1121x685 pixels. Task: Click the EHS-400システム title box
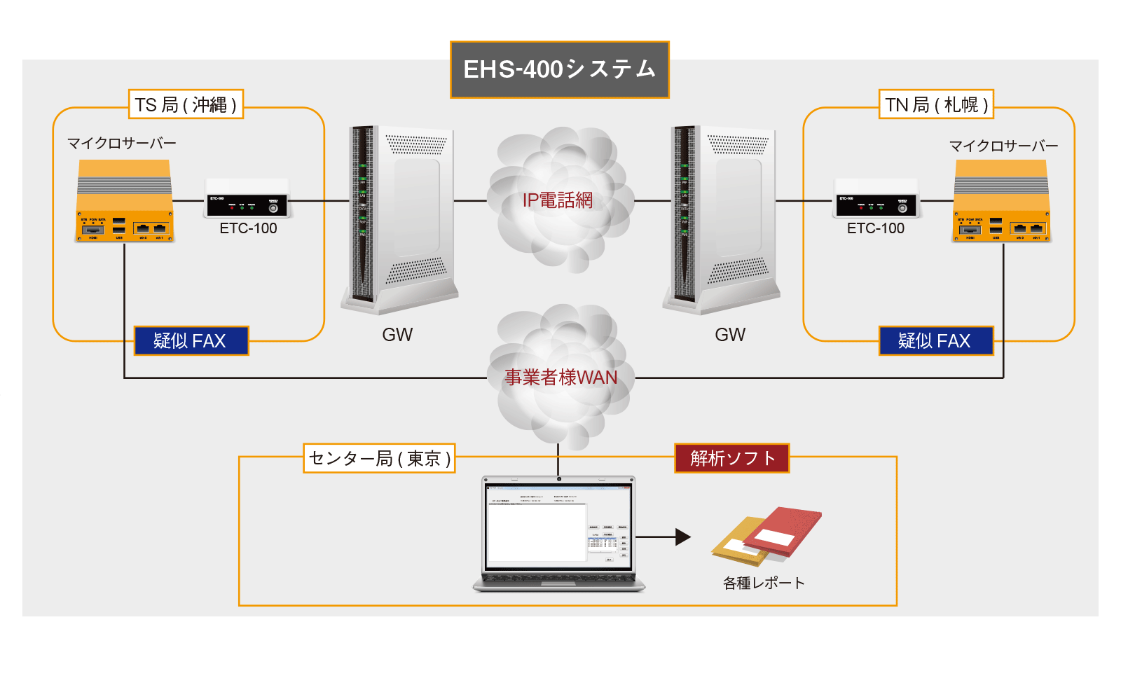[559, 69]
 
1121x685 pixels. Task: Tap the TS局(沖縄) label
[186, 104]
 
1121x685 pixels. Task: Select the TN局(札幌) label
[936, 104]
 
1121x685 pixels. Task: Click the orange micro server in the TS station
[124, 202]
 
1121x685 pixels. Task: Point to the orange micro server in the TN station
[1001, 202]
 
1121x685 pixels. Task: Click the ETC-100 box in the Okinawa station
[246, 198]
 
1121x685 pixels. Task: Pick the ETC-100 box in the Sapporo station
[876, 198]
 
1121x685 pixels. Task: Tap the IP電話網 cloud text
[558, 200]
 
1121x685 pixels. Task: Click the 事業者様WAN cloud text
[560, 378]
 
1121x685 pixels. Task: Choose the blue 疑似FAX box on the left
[191, 341]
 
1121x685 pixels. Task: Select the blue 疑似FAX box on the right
[936, 341]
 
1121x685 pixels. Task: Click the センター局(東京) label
[379, 458]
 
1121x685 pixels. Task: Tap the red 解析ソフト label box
[731, 458]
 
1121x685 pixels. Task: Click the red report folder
[783, 531]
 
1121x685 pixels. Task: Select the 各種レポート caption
[764, 583]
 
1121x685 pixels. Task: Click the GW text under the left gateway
[397, 335]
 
